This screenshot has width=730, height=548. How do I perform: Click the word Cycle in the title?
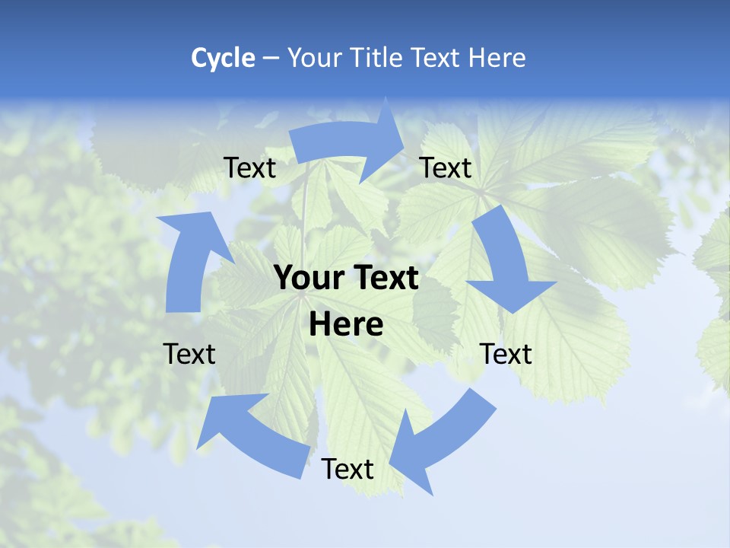click(x=223, y=58)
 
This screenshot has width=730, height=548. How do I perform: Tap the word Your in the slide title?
click(x=313, y=58)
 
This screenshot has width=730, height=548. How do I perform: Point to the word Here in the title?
click(x=497, y=58)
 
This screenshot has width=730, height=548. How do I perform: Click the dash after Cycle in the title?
click(x=271, y=59)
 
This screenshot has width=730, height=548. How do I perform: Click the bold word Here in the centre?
click(x=346, y=325)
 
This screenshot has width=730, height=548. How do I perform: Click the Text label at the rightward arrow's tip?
click(x=446, y=168)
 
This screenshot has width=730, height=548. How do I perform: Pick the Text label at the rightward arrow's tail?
click(x=249, y=168)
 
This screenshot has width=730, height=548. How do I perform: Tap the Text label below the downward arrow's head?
click(x=506, y=354)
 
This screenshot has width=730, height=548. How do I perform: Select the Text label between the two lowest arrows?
click(x=348, y=470)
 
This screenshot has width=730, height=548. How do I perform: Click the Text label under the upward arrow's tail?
click(x=189, y=354)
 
